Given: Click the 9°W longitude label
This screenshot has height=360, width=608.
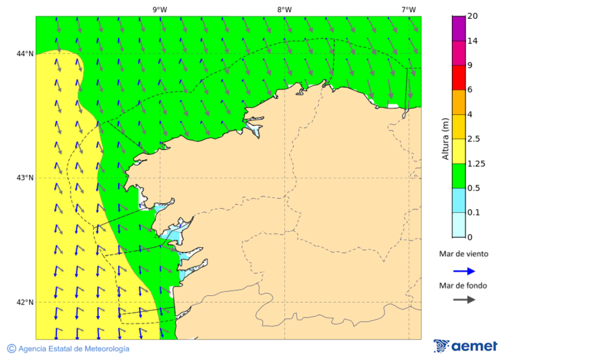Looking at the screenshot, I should click(x=159, y=9).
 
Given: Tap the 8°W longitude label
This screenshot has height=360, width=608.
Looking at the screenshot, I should click(x=284, y=9).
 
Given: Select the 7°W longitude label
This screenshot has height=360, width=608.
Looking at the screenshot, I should click(x=408, y=9).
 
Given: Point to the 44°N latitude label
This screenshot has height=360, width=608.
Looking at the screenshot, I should click(x=25, y=54).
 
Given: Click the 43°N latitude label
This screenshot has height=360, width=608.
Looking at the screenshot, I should click(x=25, y=178).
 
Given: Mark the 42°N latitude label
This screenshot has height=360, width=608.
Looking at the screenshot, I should click(x=25, y=302).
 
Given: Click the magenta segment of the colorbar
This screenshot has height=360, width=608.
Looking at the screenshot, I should click(x=459, y=28).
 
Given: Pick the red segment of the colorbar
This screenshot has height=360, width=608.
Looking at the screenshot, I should click(x=459, y=77).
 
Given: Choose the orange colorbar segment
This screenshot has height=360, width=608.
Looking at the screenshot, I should click(x=459, y=102).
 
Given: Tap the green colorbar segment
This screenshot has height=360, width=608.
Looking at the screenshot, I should click(x=459, y=176).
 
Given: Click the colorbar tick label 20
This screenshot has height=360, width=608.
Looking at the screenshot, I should click(x=473, y=16).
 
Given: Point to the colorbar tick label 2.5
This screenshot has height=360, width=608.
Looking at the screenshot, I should click(x=475, y=139).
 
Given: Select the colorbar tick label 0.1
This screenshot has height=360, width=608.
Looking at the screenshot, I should click(x=475, y=213).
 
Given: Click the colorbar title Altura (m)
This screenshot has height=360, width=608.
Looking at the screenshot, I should click(x=445, y=138).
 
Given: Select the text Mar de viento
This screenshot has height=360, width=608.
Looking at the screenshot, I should click(x=463, y=255).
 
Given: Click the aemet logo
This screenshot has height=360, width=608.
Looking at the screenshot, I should click(x=465, y=346).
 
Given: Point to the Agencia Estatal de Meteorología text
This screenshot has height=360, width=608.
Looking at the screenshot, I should click(x=73, y=349).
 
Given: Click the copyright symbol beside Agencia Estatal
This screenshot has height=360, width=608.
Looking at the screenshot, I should click(x=11, y=349).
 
